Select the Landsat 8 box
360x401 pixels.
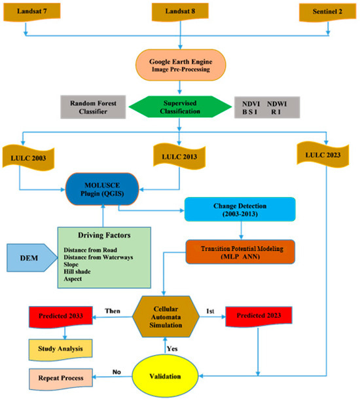tap(178, 12)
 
